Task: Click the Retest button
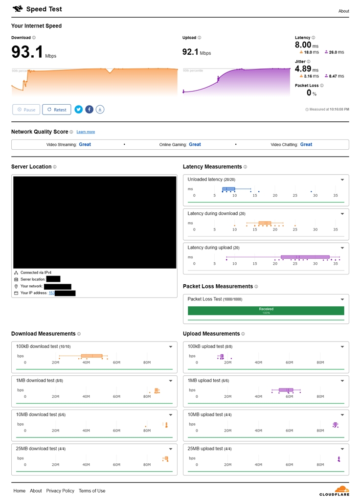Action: pyautogui.click(x=57, y=110)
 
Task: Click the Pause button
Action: pyautogui.click(x=26, y=110)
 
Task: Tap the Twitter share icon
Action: pyautogui.click(x=78, y=110)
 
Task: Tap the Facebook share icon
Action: pyautogui.click(x=89, y=110)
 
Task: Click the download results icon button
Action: pyautogui.click(x=100, y=110)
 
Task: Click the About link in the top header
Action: pyautogui.click(x=343, y=11)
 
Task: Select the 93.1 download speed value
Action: pyautogui.click(x=27, y=52)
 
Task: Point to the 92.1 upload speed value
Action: pyautogui.click(x=190, y=52)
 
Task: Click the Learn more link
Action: pyautogui.click(x=86, y=132)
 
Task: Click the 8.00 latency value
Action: pyautogui.click(x=303, y=45)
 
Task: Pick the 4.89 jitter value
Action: pyautogui.click(x=303, y=69)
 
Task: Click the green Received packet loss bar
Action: pyautogui.click(x=266, y=311)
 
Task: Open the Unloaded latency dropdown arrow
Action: pyautogui.click(x=342, y=180)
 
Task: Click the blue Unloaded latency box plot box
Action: pyautogui.click(x=228, y=189)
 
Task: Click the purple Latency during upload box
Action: pyautogui.click(x=305, y=257)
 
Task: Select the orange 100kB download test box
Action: pyautogui.click(x=91, y=356)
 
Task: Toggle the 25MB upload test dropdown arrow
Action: pyautogui.click(x=342, y=449)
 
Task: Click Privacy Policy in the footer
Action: pyautogui.click(x=60, y=491)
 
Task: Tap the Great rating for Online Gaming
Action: pyautogui.click(x=195, y=144)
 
